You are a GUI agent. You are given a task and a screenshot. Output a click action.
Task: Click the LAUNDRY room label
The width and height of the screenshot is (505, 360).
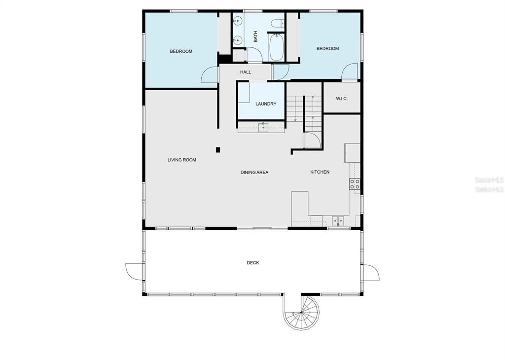click(266, 104)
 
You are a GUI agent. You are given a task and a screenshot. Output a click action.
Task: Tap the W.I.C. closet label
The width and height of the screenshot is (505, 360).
click(342, 99)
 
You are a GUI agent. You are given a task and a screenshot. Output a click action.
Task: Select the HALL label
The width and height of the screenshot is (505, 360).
click(246, 72)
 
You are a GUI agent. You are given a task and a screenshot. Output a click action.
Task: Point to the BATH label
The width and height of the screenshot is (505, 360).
click(255, 36)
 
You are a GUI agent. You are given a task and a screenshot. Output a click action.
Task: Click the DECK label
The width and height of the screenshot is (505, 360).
click(253, 263)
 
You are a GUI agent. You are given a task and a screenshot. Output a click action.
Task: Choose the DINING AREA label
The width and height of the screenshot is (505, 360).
click(254, 172)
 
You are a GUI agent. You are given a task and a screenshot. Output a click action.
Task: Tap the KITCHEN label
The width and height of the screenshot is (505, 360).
click(320, 172)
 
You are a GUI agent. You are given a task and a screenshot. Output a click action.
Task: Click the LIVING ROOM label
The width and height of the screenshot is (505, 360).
click(181, 160)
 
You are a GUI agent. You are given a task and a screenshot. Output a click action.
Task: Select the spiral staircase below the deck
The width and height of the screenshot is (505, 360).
click(301, 312)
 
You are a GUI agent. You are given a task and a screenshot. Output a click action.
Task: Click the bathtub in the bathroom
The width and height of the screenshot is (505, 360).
click(276, 48)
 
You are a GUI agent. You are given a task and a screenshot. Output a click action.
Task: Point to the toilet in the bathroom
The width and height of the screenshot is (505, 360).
click(277, 23)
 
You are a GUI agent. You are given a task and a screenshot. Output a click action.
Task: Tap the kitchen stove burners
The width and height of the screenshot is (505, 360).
click(355, 184)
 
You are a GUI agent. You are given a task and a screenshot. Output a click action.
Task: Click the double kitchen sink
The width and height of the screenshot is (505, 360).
click(338, 221)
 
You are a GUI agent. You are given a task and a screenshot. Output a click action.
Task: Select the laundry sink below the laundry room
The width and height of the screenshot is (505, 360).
click(263, 128)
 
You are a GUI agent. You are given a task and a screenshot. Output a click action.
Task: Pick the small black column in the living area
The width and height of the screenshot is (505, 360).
click(218, 150)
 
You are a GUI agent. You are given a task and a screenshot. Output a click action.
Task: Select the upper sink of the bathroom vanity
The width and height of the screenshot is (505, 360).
click(238, 21)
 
